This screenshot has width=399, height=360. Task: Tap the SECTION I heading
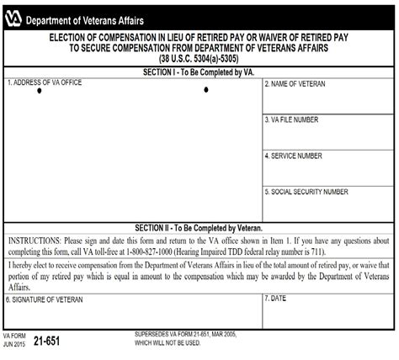tap(199, 73)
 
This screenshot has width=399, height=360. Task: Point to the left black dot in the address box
tap(39, 91)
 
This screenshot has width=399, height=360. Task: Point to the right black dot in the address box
tap(205, 90)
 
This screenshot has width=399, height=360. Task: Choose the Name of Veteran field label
tap(295, 84)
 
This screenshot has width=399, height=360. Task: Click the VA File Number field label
tap(292, 120)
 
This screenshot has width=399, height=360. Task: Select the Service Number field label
tap(294, 156)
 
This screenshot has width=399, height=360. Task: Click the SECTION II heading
tap(199, 228)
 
